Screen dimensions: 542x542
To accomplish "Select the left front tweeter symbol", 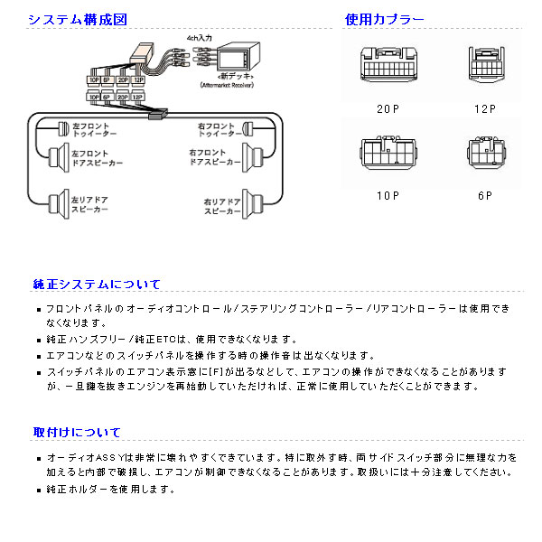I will pyautogui.click(x=62, y=128).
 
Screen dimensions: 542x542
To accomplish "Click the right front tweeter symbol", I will pyautogui.click(x=250, y=129).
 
